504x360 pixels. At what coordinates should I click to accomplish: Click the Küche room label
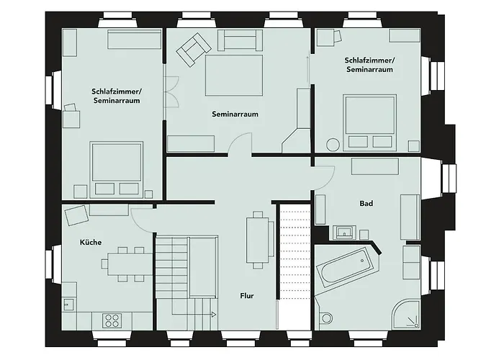click(x=91, y=243)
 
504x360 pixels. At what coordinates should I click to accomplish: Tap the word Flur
click(x=247, y=295)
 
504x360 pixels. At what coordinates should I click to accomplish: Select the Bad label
click(x=366, y=204)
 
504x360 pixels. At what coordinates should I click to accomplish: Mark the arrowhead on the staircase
click(x=215, y=315)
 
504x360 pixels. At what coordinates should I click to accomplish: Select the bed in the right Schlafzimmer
click(x=369, y=117)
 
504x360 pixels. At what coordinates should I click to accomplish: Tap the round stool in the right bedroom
click(x=333, y=144)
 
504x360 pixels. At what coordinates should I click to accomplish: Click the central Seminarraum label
click(x=235, y=114)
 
